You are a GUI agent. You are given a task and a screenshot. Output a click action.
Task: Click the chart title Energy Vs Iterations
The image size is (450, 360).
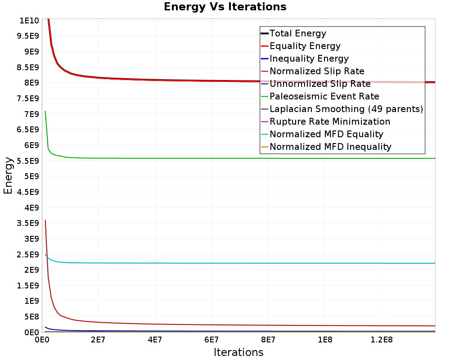[225, 7]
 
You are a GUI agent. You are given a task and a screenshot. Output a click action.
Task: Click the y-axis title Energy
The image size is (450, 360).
[8, 175]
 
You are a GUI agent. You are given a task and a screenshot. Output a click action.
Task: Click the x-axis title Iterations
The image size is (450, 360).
[238, 352]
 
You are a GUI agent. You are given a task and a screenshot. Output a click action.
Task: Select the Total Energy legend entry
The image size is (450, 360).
[297, 33]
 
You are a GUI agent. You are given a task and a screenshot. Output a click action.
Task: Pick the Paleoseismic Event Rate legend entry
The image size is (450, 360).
[324, 96]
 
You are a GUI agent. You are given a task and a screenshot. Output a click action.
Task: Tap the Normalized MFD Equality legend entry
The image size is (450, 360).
[326, 134]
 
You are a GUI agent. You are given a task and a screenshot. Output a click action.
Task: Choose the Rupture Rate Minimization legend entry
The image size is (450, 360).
[329, 121]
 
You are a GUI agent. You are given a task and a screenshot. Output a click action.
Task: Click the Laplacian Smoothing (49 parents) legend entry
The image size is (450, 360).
[346, 109]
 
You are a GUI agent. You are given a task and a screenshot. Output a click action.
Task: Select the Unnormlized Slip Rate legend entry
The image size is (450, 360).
[320, 84]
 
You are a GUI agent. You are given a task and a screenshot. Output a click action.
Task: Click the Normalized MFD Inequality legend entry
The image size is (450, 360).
[330, 147]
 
